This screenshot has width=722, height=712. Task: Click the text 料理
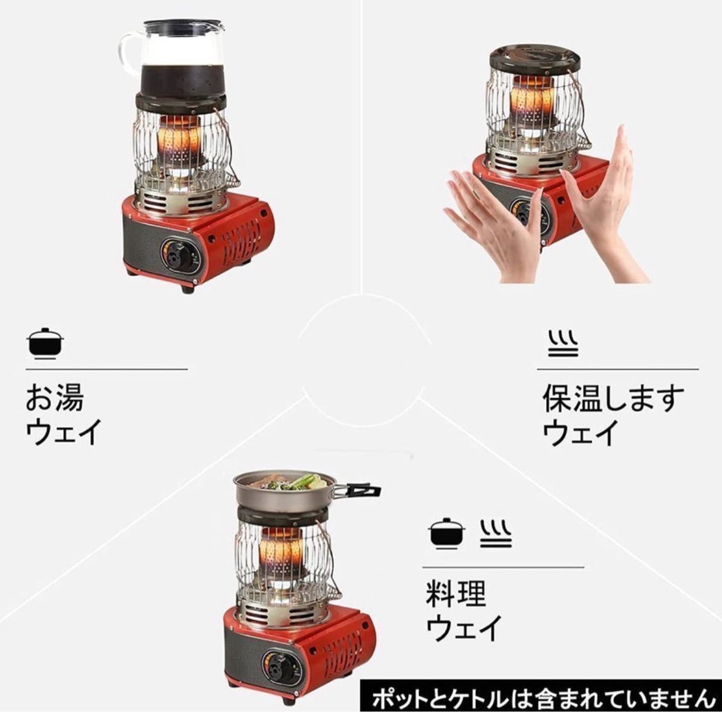(455, 594)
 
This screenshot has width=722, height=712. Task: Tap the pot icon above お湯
(45, 343)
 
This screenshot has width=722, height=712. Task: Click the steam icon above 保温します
(563, 343)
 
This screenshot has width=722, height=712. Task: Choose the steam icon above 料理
(496, 533)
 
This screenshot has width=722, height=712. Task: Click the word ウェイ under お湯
(63, 432)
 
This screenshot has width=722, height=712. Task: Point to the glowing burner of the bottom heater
(281, 551)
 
